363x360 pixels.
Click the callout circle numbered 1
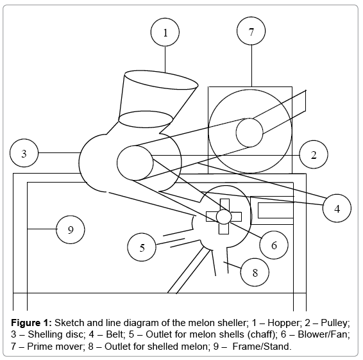[165, 33]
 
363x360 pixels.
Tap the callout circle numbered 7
[251, 31]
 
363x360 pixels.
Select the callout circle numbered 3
[24, 153]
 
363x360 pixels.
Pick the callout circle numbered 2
[314, 154]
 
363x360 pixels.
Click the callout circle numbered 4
[337, 208]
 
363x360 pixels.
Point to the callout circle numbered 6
[274, 245]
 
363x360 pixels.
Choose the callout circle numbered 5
[142, 247]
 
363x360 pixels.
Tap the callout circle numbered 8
[255, 272]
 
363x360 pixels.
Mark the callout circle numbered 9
[71, 229]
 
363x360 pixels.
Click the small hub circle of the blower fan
[224, 217]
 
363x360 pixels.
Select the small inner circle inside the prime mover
[249, 133]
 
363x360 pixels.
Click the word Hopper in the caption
[283, 323]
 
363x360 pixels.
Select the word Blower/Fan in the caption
[324, 334]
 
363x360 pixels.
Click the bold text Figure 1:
[31, 323]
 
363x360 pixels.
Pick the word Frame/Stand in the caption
[262, 347]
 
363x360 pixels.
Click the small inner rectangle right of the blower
[276, 210]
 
